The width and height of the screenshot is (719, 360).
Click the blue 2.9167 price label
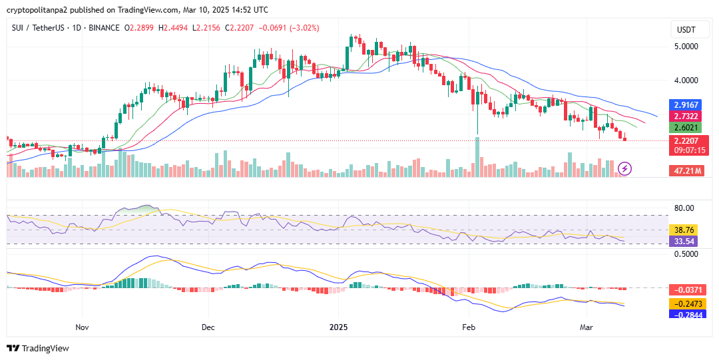tap(686, 105)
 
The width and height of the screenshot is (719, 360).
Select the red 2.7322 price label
tap(686, 116)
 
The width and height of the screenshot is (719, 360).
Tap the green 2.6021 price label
tap(686, 128)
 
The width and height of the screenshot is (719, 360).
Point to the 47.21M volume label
tap(686, 171)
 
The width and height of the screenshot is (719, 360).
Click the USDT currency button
tap(686, 30)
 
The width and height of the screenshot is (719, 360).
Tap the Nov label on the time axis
tap(83, 327)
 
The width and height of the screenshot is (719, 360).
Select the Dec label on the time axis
tap(208, 327)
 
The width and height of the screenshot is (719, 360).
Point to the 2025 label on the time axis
tap(339, 327)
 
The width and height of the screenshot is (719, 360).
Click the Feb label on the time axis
tap(469, 327)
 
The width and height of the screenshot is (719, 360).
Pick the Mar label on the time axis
tap(587, 327)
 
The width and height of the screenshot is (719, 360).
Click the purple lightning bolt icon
tap(625, 168)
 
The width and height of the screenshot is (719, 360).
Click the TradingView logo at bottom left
tap(38, 348)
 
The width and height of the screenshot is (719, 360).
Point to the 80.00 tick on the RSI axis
tap(684, 208)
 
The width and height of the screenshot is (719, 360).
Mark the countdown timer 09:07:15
tap(689, 151)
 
